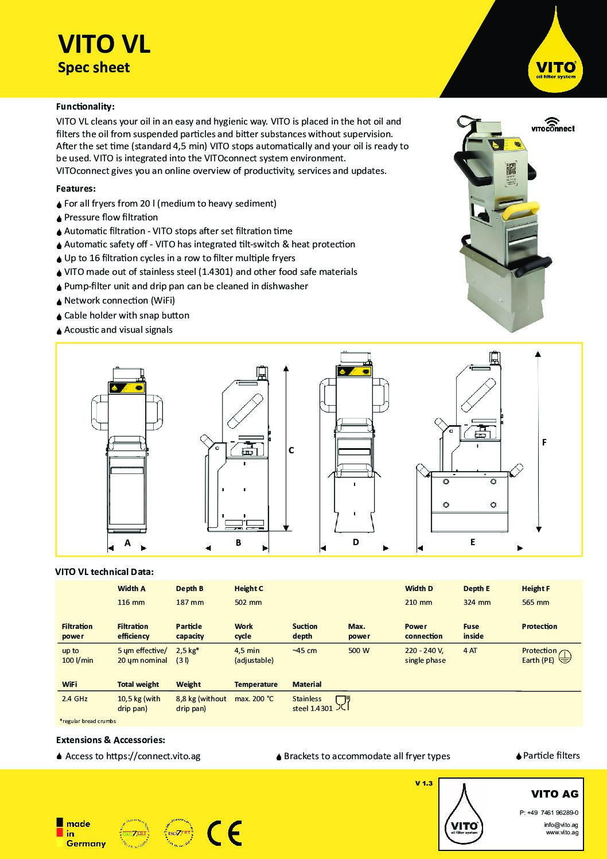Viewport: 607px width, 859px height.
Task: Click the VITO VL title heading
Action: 104,44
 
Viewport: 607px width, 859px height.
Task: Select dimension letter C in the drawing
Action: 291,450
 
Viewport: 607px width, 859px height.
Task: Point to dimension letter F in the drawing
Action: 544,442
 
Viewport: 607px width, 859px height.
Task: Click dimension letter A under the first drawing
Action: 127,542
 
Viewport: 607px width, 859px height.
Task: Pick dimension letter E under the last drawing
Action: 472,542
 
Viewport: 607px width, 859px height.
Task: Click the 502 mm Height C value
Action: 248,603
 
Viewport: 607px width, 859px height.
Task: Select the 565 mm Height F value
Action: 535,603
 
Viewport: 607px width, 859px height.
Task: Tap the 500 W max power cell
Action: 359,651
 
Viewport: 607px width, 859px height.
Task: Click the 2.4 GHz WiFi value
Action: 74,699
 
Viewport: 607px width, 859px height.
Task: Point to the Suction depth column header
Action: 305,631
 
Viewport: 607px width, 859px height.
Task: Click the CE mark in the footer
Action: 224,833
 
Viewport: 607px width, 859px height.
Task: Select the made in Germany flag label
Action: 81,833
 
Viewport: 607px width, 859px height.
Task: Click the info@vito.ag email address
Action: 561,825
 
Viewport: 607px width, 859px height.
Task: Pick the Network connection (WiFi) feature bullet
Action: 119,300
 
